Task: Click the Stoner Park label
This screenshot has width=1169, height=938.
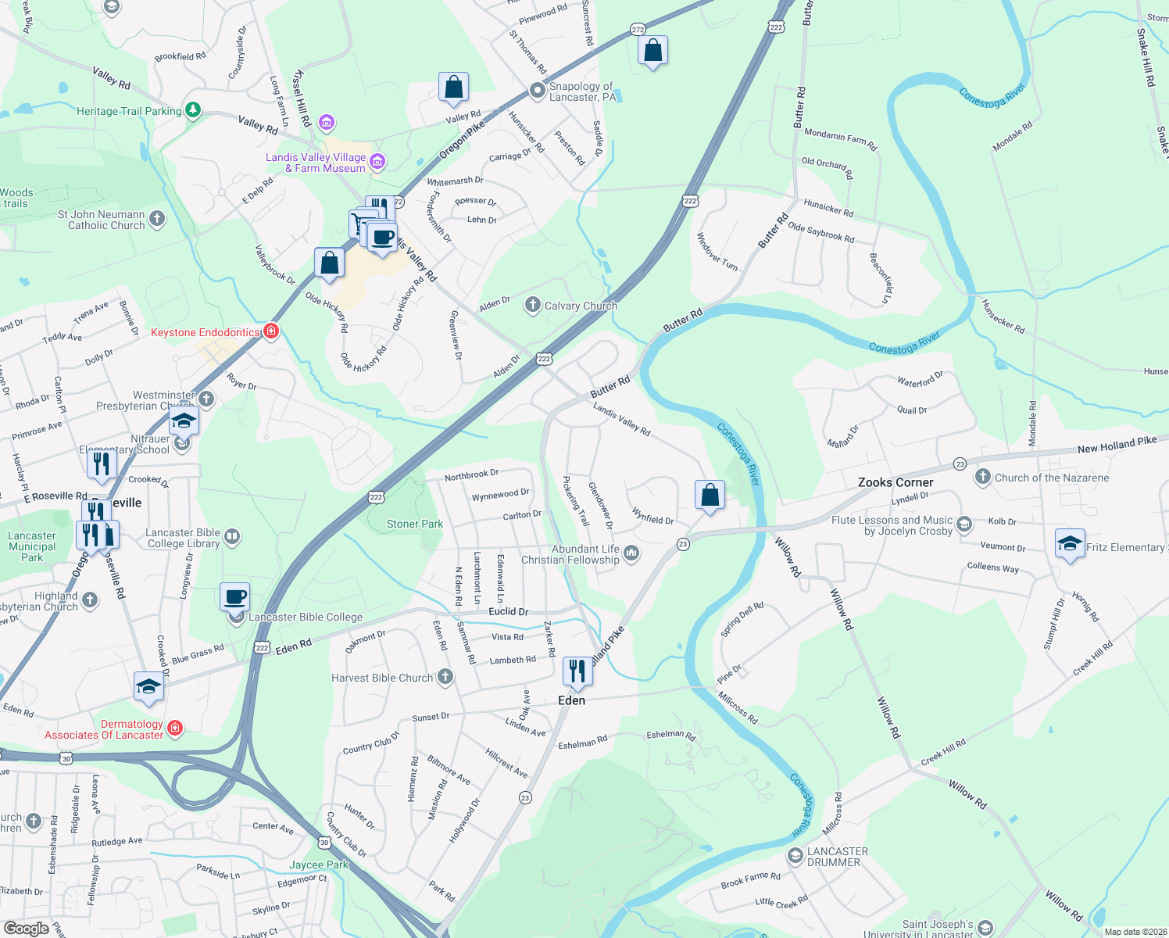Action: pyautogui.click(x=415, y=524)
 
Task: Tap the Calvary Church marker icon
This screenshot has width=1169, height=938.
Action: pyautogui.click(x=532, y=305)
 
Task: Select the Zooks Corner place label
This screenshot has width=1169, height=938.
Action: pyautogui.click(x=896, y=482)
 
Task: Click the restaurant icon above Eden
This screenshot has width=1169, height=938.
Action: pyautogui.click(x=577, y=671)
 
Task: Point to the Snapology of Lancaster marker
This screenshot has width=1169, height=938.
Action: pyautogui.click(x=537, y=91)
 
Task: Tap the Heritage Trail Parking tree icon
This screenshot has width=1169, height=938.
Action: pyautogui.click(x=191, y=110)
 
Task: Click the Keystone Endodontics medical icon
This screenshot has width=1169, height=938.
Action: pyautogui.click(x=270, y=331)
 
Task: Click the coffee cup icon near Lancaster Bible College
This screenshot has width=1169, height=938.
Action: pyautogui.click(x=235, y=597)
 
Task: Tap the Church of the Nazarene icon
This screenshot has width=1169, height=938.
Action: pyautogui.click(x=983, y=477)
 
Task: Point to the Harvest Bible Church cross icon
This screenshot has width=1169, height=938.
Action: pyautogui.click(x=445, y=677)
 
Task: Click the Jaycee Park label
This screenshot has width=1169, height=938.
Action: pyautogui.click(x=319, y=865)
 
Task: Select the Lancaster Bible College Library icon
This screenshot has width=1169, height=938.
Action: pyautogui.click(x=232, y=537)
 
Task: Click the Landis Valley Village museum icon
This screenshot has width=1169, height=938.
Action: pyautogui.click(x=377, y=162)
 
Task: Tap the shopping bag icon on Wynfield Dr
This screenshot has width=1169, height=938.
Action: pyautogui.click(x=710, y=495)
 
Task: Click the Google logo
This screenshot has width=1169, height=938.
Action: pyautogui.click(x=26, y=929)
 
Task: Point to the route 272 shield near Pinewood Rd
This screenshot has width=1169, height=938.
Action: pyautogui.click(x=638, y=30)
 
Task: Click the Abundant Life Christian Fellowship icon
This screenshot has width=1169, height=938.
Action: pyautogui.click(x=631, y=553)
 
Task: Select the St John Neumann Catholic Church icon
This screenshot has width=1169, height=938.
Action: pyautogui.click(x=157, y=219)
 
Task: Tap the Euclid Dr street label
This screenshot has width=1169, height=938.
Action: pyautogui.click(x=509, y=611)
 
